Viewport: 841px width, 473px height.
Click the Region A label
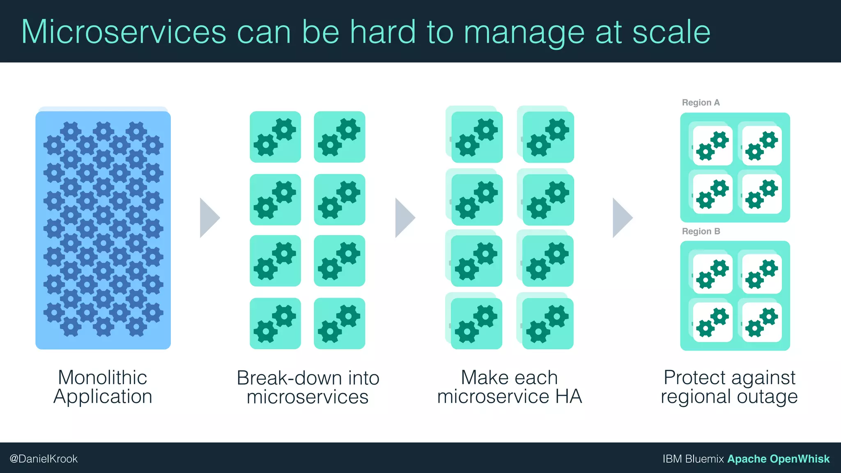(701, 103)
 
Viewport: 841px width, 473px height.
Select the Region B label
(701, 232)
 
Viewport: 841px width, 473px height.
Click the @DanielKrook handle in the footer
(44, 459)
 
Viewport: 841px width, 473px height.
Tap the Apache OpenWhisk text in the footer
(778, 459)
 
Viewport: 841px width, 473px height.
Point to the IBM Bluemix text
(693, 459)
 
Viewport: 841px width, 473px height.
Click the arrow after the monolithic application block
(209, 218)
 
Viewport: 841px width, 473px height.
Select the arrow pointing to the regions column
(622, 218)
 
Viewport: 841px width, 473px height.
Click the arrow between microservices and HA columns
(404, 218)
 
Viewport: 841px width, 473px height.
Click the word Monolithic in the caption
(103, 377)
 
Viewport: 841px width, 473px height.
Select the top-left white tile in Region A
(712, 145)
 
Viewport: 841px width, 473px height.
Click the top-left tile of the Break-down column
(275, 137)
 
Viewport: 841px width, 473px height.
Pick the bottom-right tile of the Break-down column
(339, 323)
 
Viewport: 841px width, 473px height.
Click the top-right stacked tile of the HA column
(548, 137)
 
